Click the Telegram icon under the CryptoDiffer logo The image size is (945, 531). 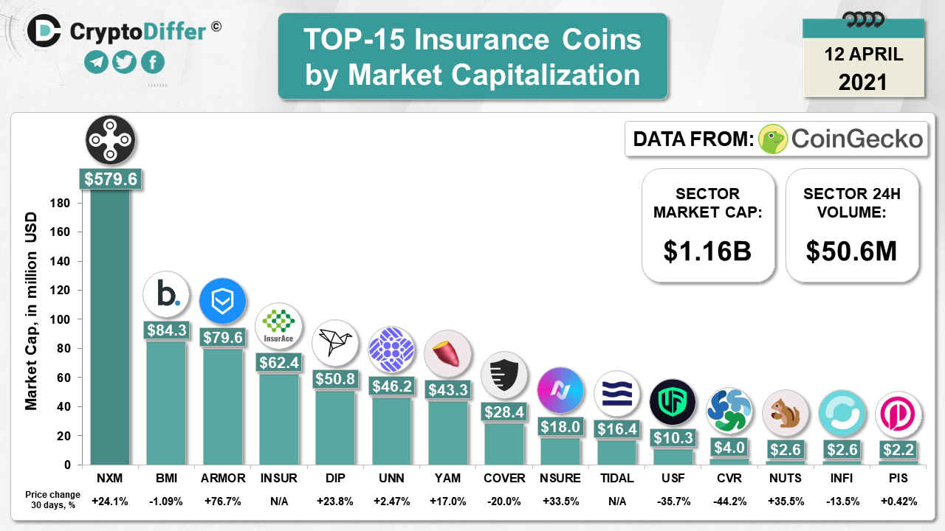[x=96, y=63]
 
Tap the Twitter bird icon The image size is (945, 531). [x=125, y=63]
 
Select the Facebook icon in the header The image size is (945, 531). [x=153, y=63]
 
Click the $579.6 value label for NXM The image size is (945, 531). [x=111, y=179]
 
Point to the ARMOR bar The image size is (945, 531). [x=223, y=406]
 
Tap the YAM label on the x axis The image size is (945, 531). [x=448, y=479]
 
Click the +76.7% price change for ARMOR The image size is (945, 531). [x=223, y=502]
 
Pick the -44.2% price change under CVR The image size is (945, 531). [x=729, y=502]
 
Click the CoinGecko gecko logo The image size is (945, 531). [x=772, y=139]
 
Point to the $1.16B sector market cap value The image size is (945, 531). [x=707, y=251]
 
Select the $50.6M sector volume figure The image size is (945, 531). [x=851, y=251]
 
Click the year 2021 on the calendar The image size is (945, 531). [x=862, y=80]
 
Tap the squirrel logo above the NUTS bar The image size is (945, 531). [x=785, y=412]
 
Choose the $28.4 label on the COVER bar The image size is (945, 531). [x=504, y=412]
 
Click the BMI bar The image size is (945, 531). [x=166, y=402]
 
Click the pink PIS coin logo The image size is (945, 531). [x=898, y=414]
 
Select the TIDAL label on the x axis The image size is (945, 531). [x=617, y=479]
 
